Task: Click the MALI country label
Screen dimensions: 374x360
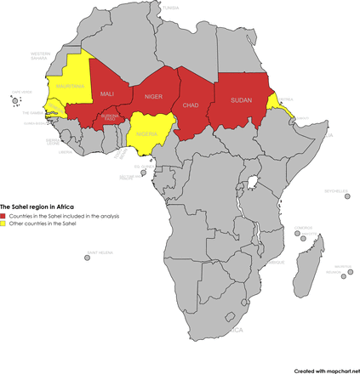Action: (107, 93)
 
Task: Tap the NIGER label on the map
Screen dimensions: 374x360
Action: (153, 97)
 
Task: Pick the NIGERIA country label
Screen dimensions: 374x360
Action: (149, 134)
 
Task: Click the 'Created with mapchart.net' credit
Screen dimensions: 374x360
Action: (326, 370)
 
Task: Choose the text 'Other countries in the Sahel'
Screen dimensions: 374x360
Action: (43, 224)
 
